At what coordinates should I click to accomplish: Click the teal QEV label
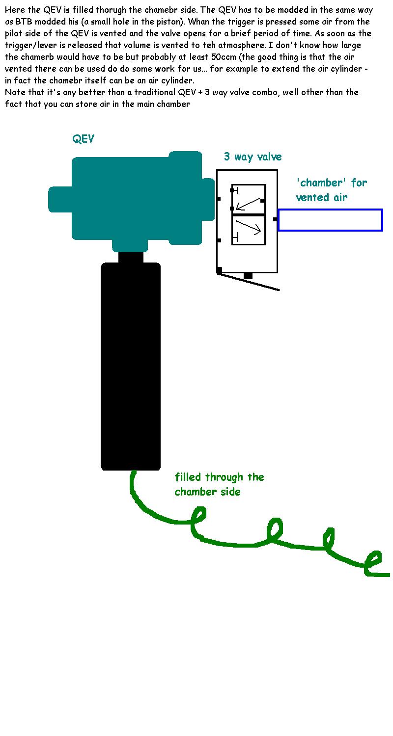pos(84,139)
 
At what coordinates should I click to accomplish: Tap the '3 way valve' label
pos(253,157)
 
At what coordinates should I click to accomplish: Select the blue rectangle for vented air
pos(330,220)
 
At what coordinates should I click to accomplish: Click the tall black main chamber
pos(131,366)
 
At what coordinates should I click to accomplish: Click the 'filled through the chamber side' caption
pos(219,484)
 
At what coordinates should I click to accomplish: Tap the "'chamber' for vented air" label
pos(331,190)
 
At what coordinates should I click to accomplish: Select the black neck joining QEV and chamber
pos(131,257)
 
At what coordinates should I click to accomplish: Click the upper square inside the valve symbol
pos(249,199)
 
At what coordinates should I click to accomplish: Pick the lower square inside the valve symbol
pos(249,230)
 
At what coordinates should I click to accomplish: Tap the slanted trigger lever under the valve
pos(249,282)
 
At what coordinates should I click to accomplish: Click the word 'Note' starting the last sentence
pos(15,92)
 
